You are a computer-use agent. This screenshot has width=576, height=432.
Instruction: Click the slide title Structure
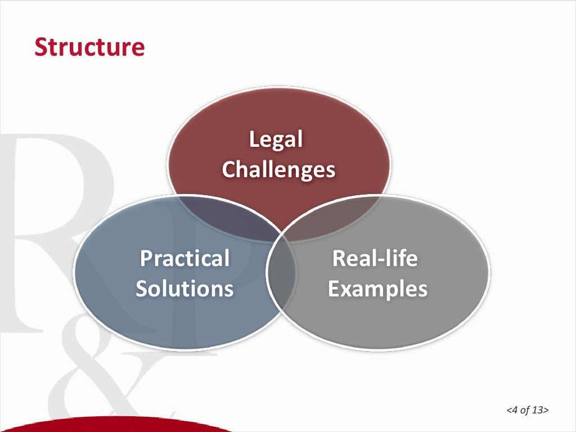click(x=89, y=47)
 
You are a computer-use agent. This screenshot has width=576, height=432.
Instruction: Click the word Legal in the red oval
click(x=276, y=139)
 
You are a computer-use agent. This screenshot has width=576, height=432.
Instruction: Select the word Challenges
click(x=278, y=169)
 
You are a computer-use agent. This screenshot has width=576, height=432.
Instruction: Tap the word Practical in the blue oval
click(x=184, y=259)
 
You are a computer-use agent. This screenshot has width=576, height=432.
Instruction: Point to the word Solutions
click(x=184, y=289)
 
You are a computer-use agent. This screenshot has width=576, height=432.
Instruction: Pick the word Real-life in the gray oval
click(x=375, y=259)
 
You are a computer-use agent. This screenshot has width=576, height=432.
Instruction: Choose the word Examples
click(x=377, y=289)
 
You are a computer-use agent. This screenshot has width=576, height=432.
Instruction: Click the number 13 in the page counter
click(x=538, y=410)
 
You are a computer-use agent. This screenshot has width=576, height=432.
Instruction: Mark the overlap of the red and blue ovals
click(x=225, y=217)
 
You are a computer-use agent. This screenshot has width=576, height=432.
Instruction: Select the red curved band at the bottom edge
click(x=112, y=425)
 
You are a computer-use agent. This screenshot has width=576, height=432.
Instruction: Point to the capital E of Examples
click(x=334, y=289)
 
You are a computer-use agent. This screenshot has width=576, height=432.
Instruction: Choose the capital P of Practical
click(x=145, y=259)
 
